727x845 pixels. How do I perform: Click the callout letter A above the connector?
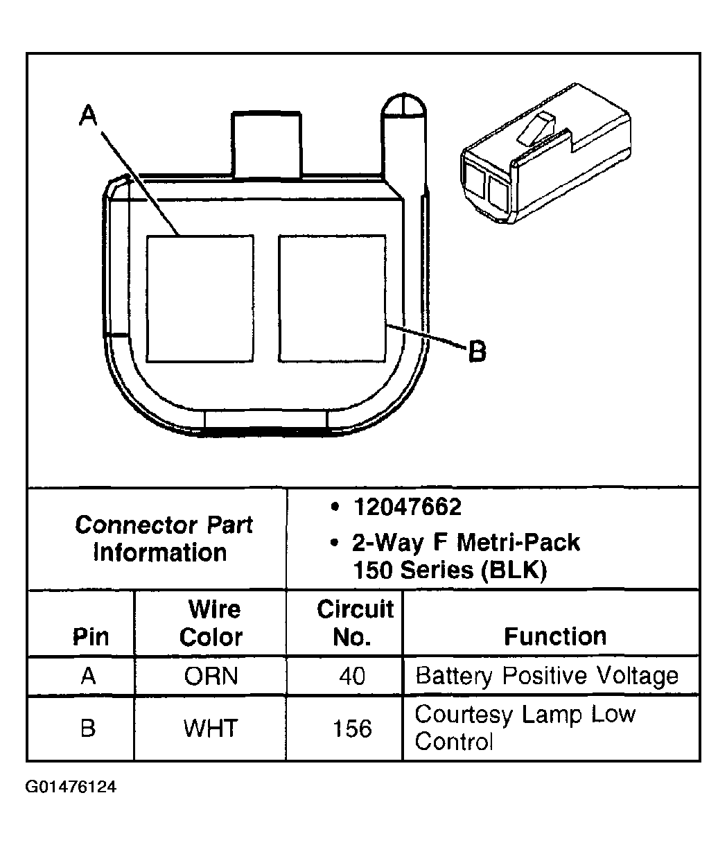tap(88, 115)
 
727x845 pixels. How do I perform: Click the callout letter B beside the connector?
tap(478, 351)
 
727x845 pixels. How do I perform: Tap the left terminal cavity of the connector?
tap(200, 298)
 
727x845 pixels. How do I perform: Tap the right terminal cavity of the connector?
tap(332, 298)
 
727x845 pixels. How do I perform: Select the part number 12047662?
tap(407, 507)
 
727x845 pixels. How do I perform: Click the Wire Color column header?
tap(211, 623)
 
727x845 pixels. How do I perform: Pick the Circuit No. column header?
tap(354, 623)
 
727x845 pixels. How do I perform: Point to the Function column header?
tap(554, 636)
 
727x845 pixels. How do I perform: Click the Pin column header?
tap(91, 637)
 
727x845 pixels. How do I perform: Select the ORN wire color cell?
tap(211, 676)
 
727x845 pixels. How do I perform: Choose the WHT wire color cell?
tap(211, 729)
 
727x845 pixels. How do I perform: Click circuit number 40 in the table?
tap(353, 676)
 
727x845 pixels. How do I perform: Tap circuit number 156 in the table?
tap(353, 729)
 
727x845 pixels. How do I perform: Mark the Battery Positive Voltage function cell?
tap(547, 676)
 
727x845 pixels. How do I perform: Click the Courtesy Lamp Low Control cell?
tap(525, 728)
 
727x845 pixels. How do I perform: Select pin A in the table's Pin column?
tap(88, 676)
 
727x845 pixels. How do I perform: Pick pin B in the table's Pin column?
tap(88, 729)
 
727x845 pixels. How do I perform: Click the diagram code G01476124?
tap(71, 788)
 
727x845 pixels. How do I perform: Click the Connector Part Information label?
tap(164, 539)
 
